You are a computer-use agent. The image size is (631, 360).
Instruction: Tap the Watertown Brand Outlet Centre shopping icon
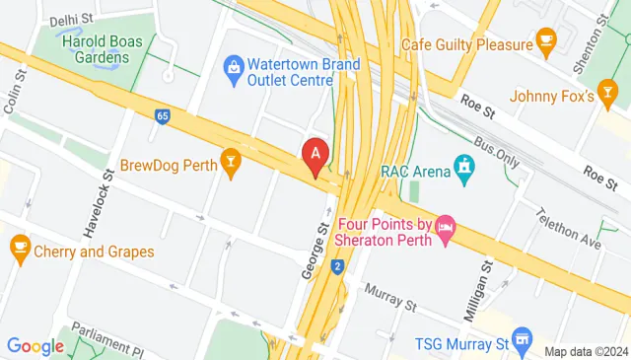coord(234,66)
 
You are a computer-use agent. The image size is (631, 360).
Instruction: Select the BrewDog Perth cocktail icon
coord(232,164)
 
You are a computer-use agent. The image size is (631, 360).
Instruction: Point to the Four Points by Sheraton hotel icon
coord(446,229)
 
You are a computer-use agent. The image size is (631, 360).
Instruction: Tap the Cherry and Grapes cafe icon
coord(19,246)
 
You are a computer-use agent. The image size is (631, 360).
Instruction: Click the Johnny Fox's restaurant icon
coord(608,96)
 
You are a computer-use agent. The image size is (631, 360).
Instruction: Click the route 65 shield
coord(161,116)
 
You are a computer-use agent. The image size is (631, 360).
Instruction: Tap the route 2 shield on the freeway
coord(338,266)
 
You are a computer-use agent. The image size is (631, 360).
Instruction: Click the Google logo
coord(35,346)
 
